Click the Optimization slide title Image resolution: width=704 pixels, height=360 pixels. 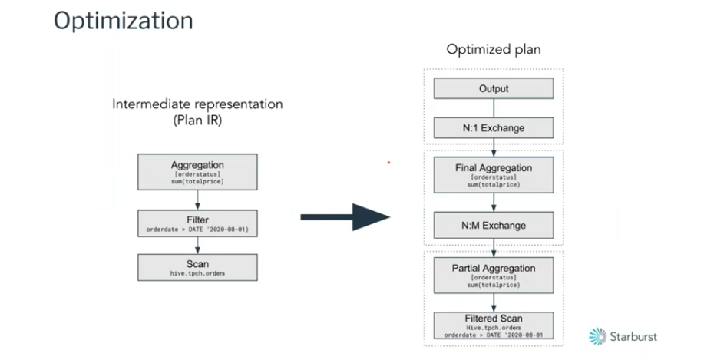[123, 21]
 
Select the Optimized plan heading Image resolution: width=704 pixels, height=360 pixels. [494, 50]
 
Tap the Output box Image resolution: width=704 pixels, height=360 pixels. [494, 88]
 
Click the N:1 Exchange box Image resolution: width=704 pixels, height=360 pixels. [494, 128]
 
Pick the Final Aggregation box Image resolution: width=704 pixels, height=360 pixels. [494, 175]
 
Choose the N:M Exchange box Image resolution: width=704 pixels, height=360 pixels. [494, 226]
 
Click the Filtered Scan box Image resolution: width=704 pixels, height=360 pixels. [494, 322]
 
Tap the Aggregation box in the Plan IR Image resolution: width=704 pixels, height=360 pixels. [197, 172]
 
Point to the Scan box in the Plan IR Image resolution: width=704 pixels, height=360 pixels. [197, 266]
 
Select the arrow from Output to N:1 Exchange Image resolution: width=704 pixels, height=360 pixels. [494, 107]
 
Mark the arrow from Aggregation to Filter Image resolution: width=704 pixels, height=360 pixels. [197, 199]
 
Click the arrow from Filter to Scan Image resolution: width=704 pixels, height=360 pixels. [197, 245]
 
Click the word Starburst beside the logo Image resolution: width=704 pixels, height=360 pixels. [634, 336]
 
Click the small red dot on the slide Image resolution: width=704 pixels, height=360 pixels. [389, 163]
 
